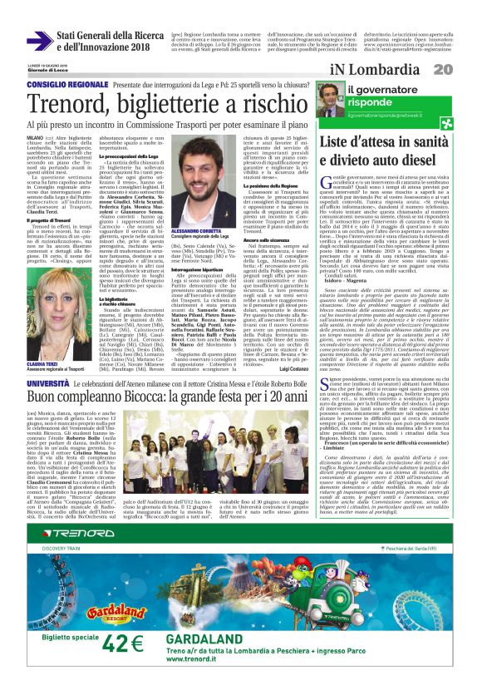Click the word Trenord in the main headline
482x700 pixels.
[x=71, y=102]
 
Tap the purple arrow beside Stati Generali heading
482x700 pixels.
[x=38, y=40]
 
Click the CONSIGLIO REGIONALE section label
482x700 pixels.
[x=66, y=85]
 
